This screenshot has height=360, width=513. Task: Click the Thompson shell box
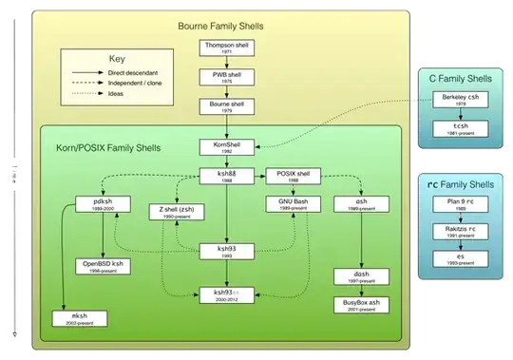point(226,49)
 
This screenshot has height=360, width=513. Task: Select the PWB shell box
point(226,77)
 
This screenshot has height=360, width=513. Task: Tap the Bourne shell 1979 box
point(226,105)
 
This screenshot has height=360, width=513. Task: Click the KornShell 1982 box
point(226,148)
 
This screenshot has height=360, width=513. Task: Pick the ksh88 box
point(226,176)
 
